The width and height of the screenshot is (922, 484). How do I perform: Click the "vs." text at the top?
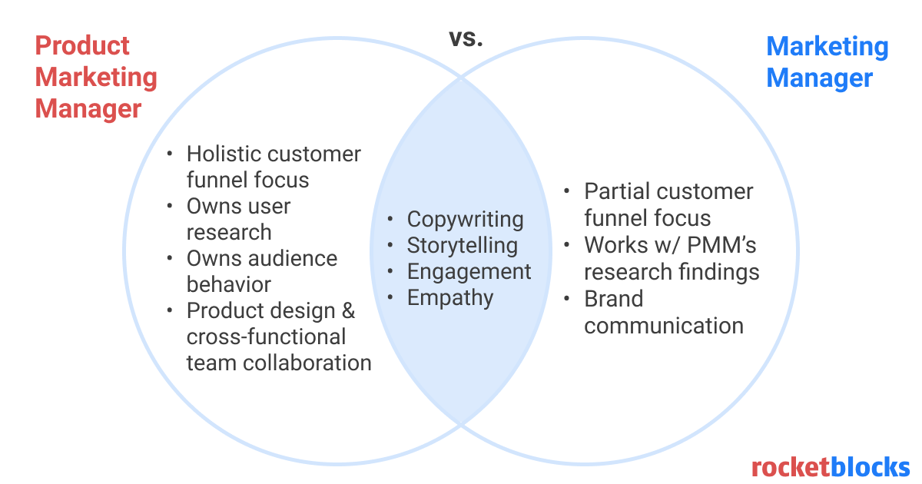coord(466,38)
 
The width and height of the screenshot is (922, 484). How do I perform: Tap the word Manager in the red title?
coord(88,108)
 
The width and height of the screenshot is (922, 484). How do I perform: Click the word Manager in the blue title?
coord(820,78)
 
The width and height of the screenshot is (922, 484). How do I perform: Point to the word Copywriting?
coord(465,219)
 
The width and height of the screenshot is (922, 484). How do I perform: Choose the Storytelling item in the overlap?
coord(462,246)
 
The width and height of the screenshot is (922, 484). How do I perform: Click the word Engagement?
coord(469,272)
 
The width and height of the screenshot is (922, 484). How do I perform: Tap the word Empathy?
coord(450,298)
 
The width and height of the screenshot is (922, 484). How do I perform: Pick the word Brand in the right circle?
coord(613,299)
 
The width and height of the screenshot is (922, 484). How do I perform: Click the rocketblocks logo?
coord(830,466)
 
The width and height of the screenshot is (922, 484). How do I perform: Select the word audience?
coord(296,258)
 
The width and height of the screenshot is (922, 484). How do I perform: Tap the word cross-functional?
coord(266,336)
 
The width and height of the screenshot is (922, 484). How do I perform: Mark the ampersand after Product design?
coord(348,311)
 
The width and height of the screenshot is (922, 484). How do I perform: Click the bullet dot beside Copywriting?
coord(392,220)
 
